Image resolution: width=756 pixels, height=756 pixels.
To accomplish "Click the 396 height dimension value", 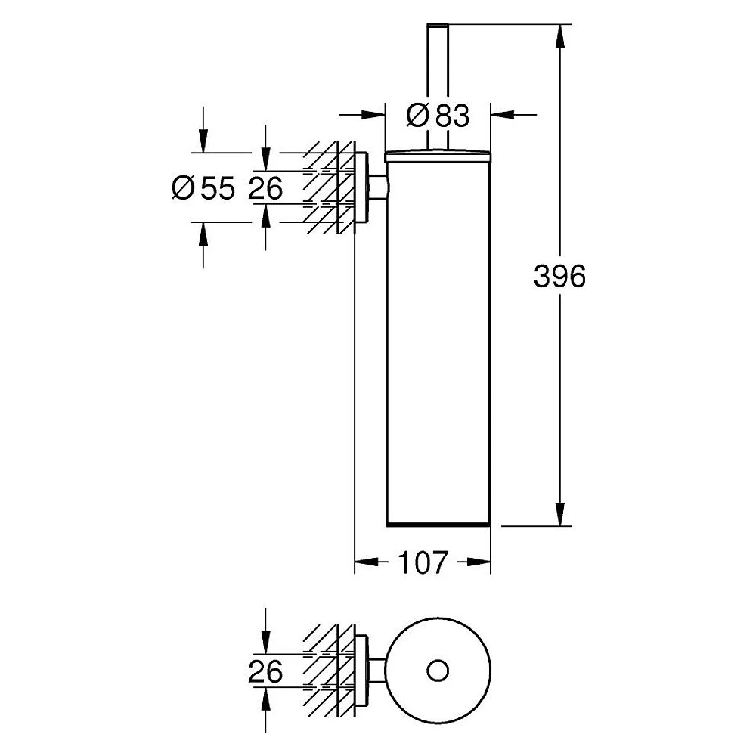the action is pos(559,277).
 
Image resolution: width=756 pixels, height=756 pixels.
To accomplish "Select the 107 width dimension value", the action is pos(423,562).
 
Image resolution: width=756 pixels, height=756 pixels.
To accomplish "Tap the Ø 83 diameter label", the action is pos(437,116).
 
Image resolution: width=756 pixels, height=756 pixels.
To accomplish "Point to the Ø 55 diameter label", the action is pos(203,188).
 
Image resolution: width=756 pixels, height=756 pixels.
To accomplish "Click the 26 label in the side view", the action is pos(265,188).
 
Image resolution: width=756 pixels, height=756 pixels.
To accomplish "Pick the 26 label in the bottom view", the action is pos(265,671).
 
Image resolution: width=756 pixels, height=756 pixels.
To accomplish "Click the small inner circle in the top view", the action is pos(438,671).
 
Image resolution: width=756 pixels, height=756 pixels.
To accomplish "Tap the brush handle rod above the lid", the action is pos(438,87).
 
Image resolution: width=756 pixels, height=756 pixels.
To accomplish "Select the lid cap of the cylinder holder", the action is pos(438,156).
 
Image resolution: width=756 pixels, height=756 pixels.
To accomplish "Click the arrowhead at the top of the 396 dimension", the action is pos(559,36).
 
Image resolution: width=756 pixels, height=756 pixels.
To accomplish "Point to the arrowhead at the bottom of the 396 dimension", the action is pos(559,514).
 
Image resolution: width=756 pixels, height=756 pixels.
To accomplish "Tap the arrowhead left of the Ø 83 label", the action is pos(373,115).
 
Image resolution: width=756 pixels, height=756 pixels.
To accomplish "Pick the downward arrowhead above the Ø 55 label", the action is pos(203,141).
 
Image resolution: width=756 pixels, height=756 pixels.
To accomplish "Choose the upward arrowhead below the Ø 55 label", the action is pos(203,234).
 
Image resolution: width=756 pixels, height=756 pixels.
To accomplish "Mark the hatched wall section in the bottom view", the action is pos(329,671).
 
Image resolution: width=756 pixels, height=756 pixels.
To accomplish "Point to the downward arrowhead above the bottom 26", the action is pos(265,643).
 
